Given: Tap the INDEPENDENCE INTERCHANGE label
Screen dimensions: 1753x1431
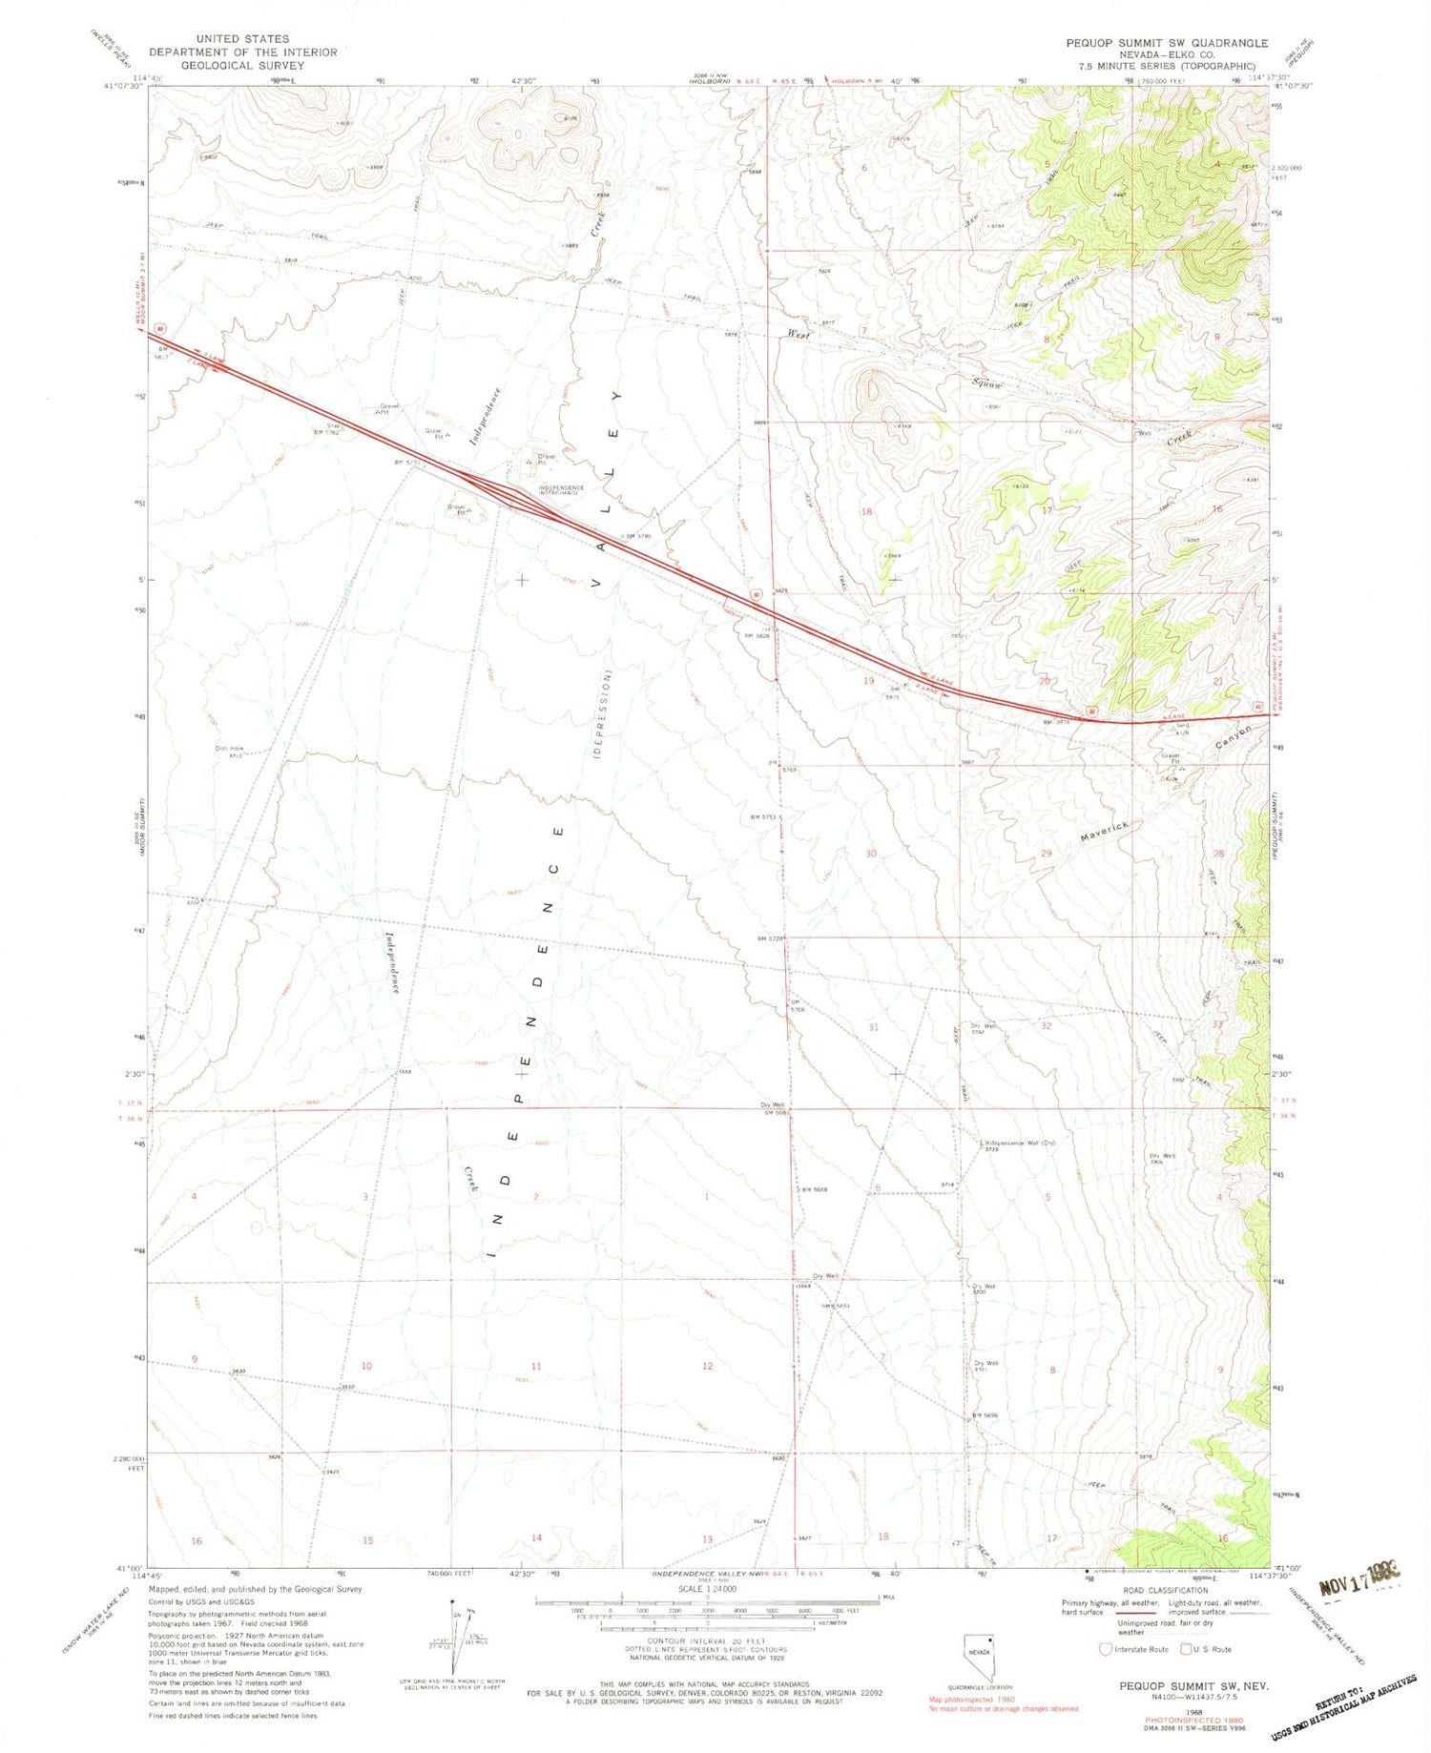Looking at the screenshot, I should click(560, 489).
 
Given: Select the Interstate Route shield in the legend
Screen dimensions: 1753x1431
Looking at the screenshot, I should click(1106, 1649).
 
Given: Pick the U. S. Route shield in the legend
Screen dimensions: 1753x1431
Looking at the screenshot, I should click(1188, 1649).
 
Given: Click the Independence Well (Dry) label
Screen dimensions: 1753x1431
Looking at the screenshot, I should click(1019, 1142).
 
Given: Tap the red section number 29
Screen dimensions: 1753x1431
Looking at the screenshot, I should click(1046, 853).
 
